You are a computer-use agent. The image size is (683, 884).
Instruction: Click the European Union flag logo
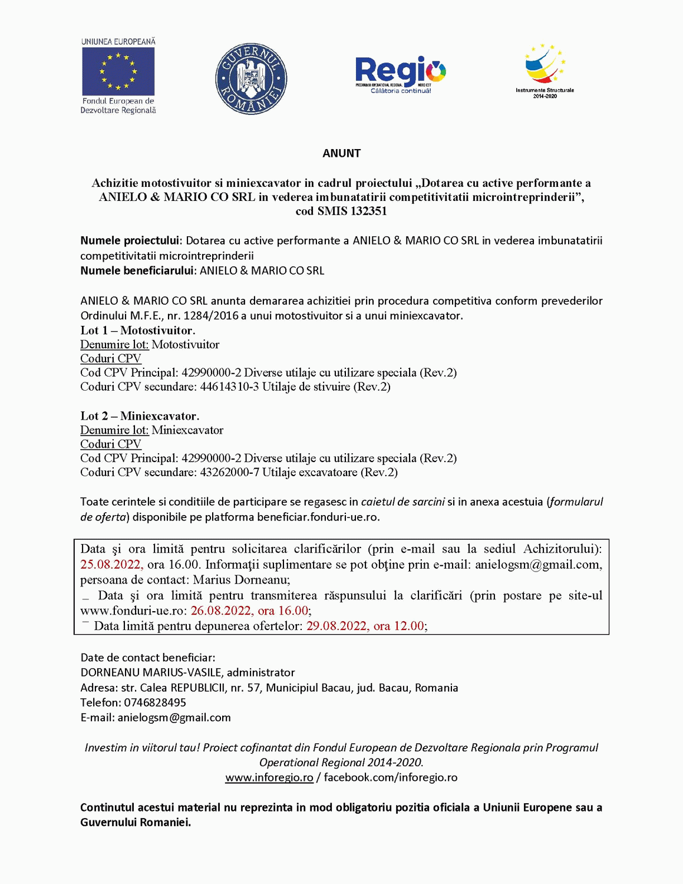[118, 71]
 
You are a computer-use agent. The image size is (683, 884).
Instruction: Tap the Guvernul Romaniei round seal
[251, 78]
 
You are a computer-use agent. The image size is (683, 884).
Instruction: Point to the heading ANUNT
[341, 153]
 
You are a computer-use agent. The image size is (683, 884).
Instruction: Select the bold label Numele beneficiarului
[137, 271]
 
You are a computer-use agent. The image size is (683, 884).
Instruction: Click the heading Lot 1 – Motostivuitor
[138, 330]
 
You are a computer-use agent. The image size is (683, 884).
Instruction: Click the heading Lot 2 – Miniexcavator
[140, 415]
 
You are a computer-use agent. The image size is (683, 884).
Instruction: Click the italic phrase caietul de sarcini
[403, 502]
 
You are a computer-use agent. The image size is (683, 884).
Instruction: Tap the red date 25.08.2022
[111, 564]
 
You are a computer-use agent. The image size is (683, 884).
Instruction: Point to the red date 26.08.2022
[222, 611]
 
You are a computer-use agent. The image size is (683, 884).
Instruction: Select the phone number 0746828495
[155, 702]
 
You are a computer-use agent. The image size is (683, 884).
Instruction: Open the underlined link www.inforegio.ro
[269, 777]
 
